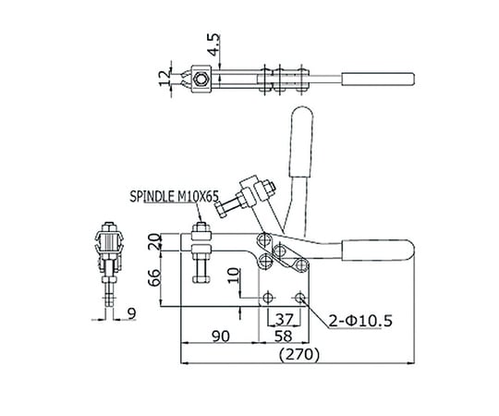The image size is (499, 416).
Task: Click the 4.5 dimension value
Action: pos(214,45)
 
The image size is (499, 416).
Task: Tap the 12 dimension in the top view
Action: pos(164,79)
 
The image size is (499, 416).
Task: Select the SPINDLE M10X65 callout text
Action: pos(174,196)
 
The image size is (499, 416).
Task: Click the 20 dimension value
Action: pos(154,241)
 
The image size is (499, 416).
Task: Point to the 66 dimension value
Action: pos(154,278)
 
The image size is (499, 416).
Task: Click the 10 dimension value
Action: pos(234,275)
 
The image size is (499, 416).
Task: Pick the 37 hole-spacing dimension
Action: pos(284,319)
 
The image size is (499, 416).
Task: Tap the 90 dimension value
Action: pos(221,336)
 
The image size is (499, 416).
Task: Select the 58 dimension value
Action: pos(284,336)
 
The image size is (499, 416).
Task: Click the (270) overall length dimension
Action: pos(298,354)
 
